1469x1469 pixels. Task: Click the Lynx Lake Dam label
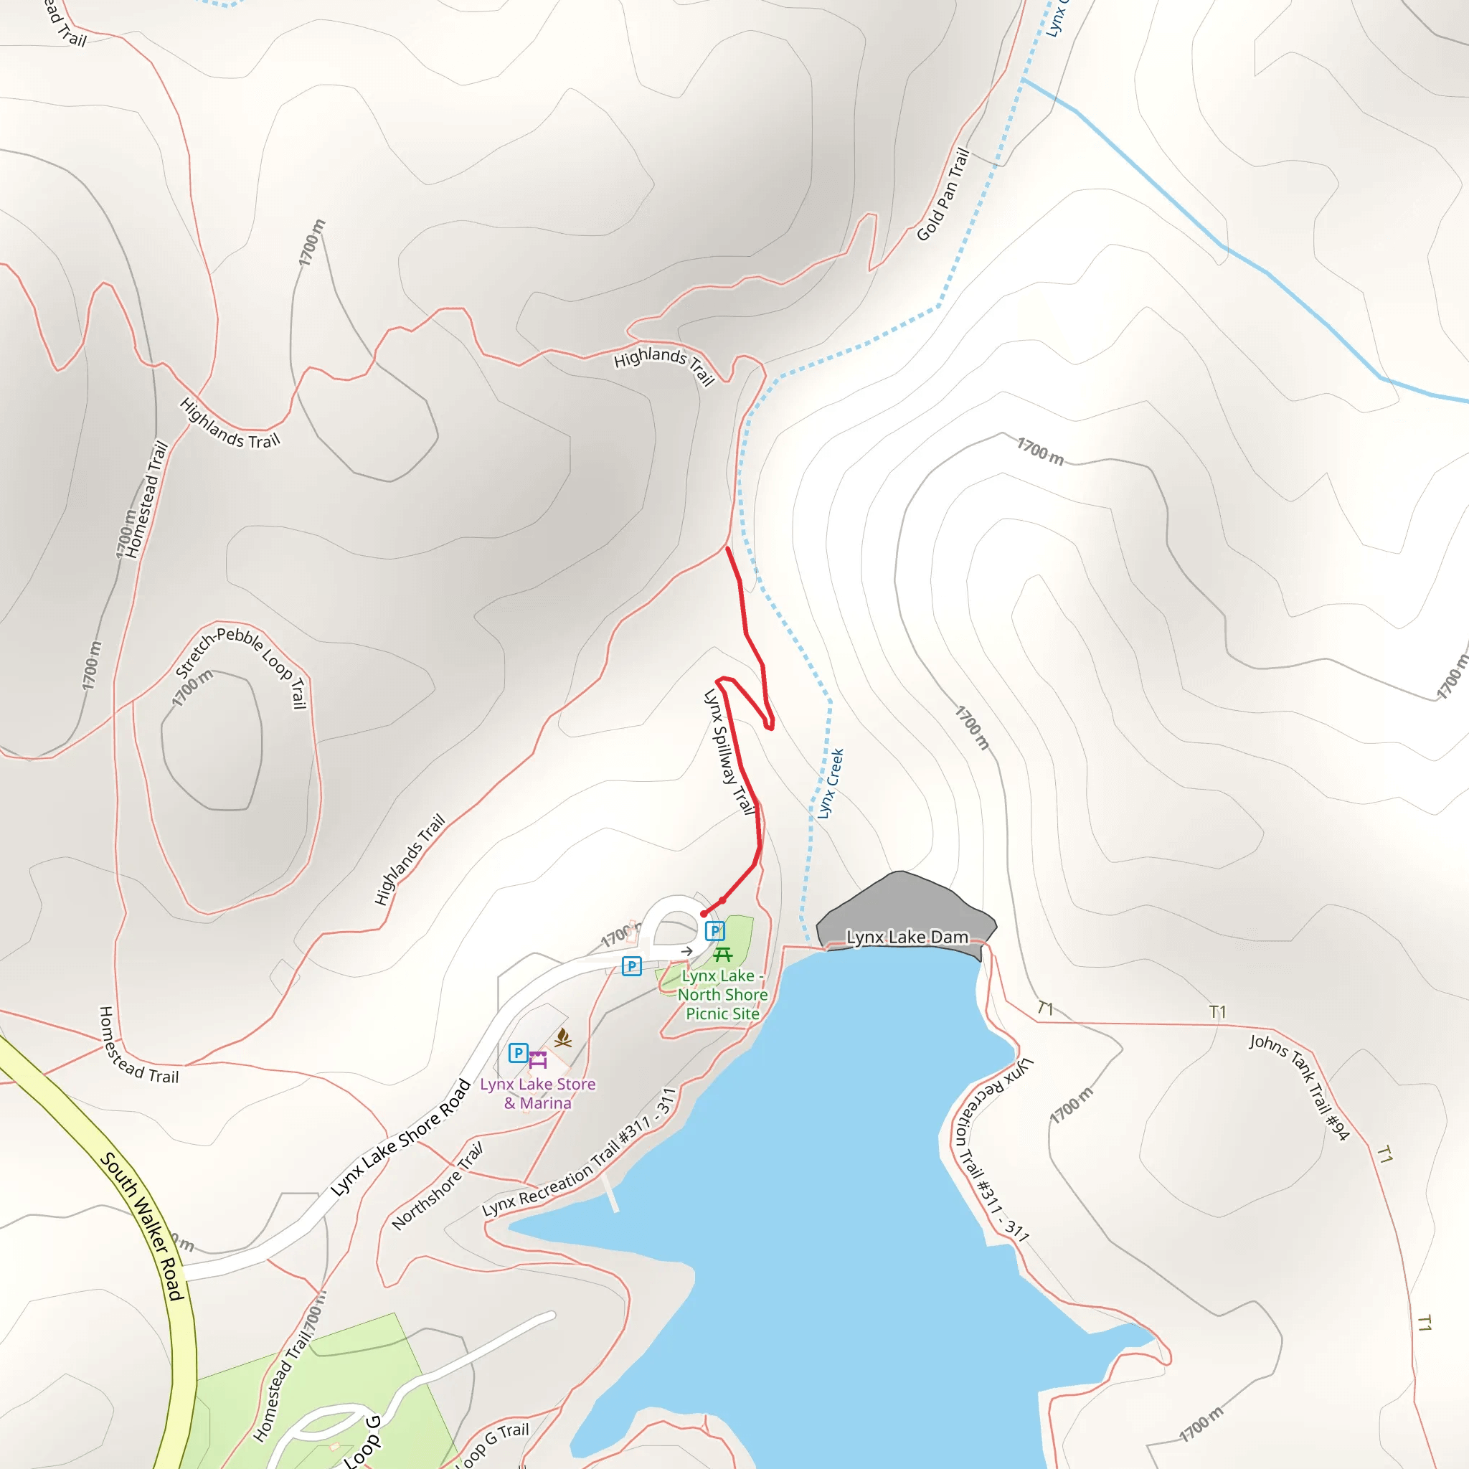907,937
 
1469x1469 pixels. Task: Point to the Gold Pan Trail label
943,194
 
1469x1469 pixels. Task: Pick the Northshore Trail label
438,1186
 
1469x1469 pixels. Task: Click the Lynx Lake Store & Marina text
537,1093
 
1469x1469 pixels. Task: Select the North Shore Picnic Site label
722,995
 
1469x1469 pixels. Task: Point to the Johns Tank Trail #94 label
1299,1087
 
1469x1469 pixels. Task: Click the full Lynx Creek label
831,784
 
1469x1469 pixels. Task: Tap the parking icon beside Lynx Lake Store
518,1052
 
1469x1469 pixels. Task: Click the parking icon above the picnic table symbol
714,930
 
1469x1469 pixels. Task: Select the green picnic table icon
722,954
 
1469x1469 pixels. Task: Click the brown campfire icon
562,1037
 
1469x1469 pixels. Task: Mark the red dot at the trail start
704,914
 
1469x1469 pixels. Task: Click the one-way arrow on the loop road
686,951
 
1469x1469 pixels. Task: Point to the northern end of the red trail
727,548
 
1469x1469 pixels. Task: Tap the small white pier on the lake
610,1194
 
